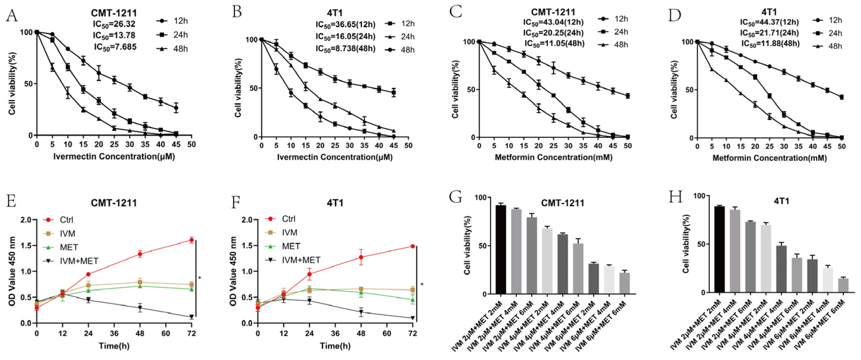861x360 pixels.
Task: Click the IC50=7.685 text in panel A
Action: tap(115, 47)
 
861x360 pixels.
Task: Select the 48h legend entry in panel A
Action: tap(172, 49)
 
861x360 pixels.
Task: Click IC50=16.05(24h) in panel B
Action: tap(345, 36)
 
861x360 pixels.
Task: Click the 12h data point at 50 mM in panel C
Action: tap(628, 96)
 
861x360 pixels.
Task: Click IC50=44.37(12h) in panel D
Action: tap(769, 22)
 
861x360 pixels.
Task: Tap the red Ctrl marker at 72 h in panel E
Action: tap(191, 240)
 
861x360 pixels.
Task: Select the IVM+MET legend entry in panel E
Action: tap(71, 261)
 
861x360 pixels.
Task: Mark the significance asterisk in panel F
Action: tap(422, 285)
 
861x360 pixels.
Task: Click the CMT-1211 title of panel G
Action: tap(563, 203)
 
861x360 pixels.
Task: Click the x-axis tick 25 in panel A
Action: tap(114, 144)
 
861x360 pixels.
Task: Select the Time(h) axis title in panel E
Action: tap(114, 346)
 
